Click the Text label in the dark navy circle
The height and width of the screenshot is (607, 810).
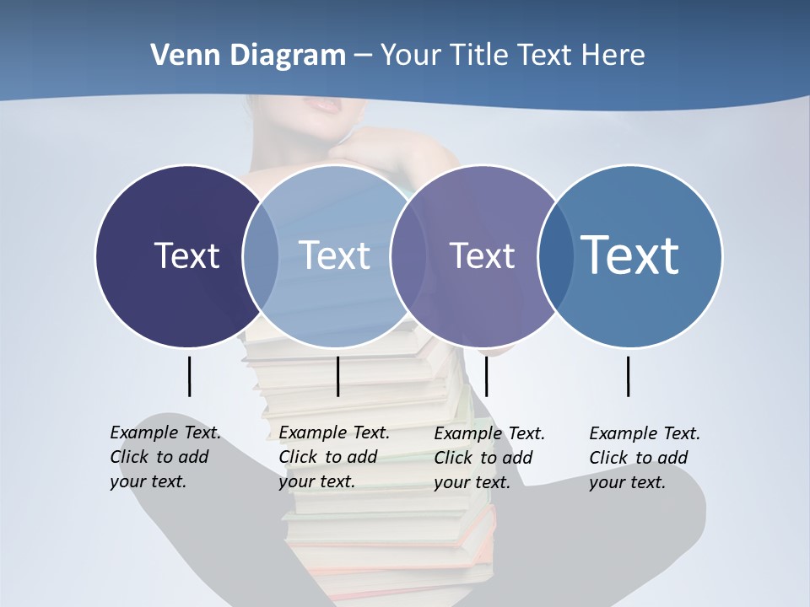click(x=186, y=255)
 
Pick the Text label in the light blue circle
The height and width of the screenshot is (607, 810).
click(x=334, y=255)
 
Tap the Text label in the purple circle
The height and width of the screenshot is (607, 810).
click(x=482, y=255)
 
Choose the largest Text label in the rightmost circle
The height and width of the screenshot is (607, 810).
click(x=629, y=255)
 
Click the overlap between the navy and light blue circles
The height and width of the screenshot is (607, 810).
click(x=261, y=255)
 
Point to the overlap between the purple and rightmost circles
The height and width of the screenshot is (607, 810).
click(x=554, y=255)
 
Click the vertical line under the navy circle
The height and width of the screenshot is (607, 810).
click(x=189, y=376)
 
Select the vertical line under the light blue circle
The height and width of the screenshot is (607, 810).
click(x=337, y=376)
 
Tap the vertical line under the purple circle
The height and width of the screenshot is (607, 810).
click(x=486, y=376)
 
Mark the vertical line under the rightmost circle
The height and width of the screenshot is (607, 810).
click(x=628, y=376)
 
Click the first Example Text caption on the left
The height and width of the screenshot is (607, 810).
click(x=165, y=457)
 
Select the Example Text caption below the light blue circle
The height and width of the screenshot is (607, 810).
click(x=333, y=457)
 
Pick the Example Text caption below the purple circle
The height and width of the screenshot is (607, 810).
click(x=489, y=458)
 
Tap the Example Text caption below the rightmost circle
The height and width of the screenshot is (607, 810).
click(x=644, y=458)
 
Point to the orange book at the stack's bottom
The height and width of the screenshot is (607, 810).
click(x=397, y=572)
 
